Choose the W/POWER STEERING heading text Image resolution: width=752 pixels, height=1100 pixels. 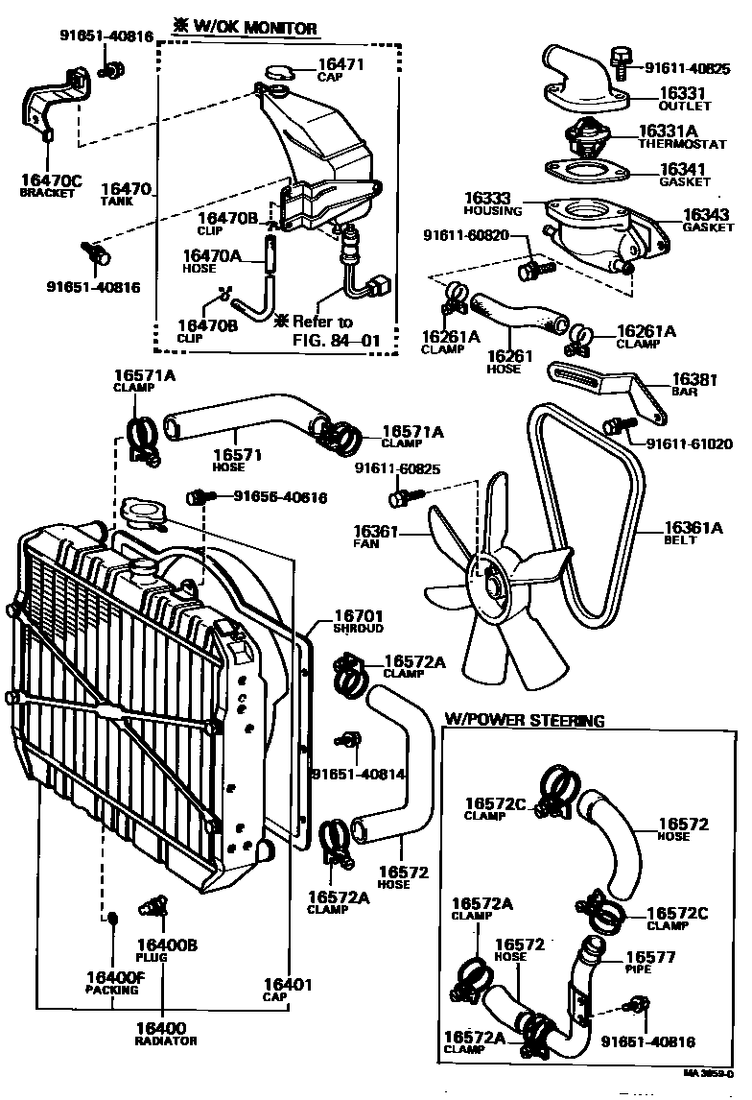tap(524, 720)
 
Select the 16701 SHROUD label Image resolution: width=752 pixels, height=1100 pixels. tap(358, 621)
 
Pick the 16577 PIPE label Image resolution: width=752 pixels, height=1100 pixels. tap(650, 962)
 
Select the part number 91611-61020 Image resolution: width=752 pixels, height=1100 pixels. tap(689, 444)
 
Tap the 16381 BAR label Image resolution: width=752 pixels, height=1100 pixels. tap(695, 384)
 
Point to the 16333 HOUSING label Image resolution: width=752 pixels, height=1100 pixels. tap(493, 203)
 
